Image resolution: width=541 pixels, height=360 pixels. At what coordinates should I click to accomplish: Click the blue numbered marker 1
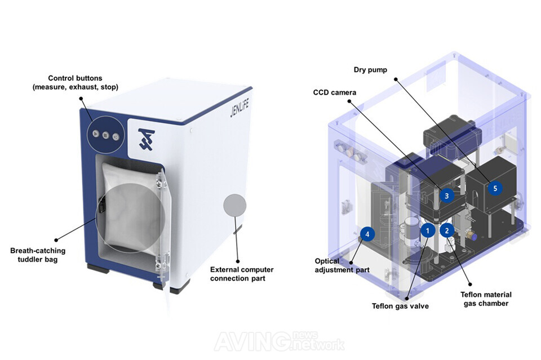pyautogui.click(x=428, y=230)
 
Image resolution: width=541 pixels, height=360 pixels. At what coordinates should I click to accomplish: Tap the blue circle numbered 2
pyautogui.click(x=447, y=230)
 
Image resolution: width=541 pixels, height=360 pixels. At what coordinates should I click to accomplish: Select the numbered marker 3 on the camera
pyautogui.click(x=446, y=195)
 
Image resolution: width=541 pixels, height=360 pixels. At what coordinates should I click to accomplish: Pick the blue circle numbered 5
pyautogui.click(x=495, y=189)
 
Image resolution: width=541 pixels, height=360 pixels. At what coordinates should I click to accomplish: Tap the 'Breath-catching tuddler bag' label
pyautogui.click(x=38, y=255)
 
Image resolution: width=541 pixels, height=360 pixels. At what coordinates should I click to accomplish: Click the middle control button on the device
pyautogui.click(x=106, y=135)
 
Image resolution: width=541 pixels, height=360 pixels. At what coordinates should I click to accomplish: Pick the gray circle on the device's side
pyautogui.click(x=235, y=205)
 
